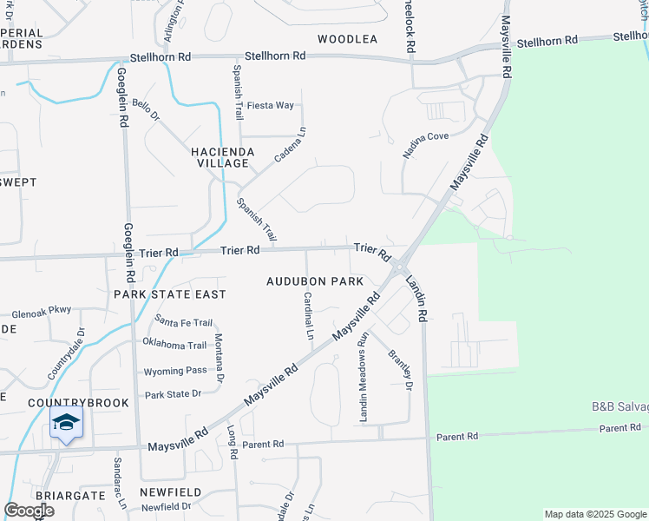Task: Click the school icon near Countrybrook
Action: pos(67,424)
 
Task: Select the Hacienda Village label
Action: pos(223,157)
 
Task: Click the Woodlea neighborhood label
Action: pos(347,39)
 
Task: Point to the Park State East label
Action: pos(170,294)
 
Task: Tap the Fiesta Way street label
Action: pos(271,106)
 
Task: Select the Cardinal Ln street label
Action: pos(308,315)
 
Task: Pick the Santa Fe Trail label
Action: pos(184,322)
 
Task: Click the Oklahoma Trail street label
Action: pos(174,345)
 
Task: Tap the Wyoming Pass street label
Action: pos(175,371)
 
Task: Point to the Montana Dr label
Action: pos(219,358)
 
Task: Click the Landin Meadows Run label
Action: pos(364,378)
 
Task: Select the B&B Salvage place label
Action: pos(619,406)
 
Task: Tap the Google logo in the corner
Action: pos(29,511)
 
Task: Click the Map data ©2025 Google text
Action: pos(595,514)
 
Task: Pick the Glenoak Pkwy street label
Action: pos(42,310)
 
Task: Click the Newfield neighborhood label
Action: pos(171,492)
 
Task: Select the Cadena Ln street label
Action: pos(292,145)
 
